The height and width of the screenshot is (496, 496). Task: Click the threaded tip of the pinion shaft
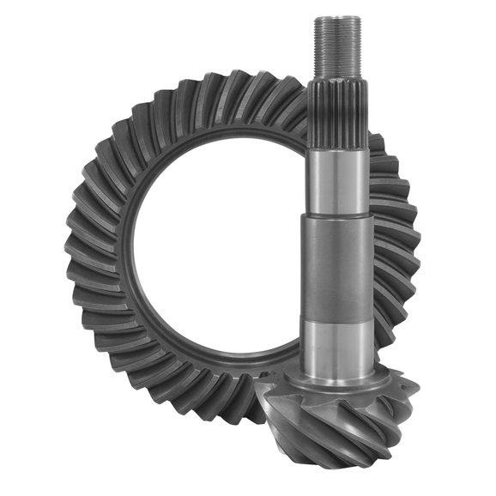(337, 47)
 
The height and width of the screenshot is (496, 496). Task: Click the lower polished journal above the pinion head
(337, 339)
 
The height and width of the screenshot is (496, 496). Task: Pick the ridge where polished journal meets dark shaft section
(337, 215)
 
